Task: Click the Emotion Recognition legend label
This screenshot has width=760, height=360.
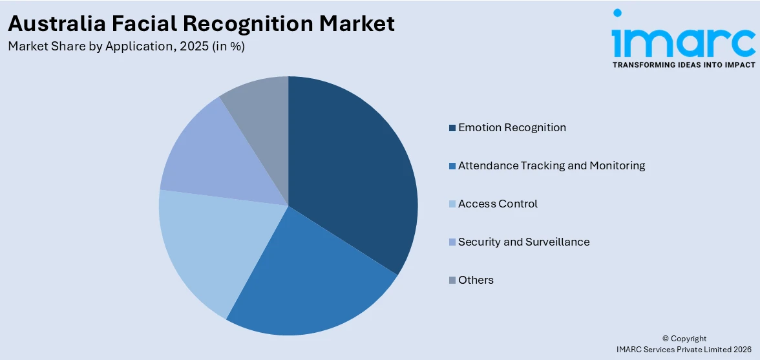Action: pyautogui.click(x=512, y=127)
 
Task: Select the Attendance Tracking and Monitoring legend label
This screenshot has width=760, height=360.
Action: pyautogui.click(x=551, y=165)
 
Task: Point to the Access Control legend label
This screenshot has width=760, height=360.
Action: pyautogui.click(x=498, y=204)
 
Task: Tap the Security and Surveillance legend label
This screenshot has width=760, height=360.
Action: pyautogui.click(x=523, y=242)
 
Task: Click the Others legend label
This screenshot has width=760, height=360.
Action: pyautogui.click(x=476, y=280)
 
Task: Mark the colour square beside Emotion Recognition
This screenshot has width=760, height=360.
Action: pyautogui.click(x=452, y=128)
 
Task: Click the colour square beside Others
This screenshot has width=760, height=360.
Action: pyautogui.click(x=452, y=281)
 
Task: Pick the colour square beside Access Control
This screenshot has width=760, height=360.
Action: pyautogui.click(x=452, y=204)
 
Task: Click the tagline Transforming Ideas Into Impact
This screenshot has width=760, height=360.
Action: pyautogui.click(x=683, y=65)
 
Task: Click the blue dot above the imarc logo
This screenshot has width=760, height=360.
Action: pyautogui.click(x=617, y=13)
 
